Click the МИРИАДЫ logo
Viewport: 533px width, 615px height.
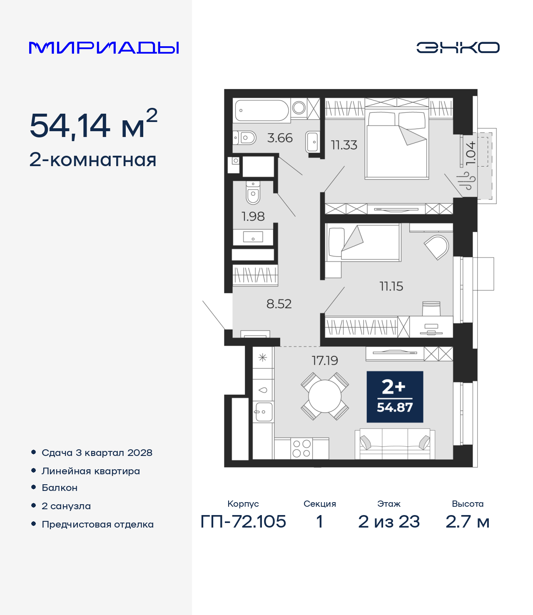[x=104, y=47]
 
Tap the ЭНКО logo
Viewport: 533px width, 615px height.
[x=458, y=47]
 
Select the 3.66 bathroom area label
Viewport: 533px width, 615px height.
[x=280, y=138]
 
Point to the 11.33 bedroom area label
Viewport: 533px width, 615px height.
[x=344, y=145]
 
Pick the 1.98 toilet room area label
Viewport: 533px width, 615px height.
[x=253, y=216]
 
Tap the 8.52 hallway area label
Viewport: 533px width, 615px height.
[x=279, y=304]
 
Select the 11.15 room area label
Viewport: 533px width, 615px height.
[x=391, y=286]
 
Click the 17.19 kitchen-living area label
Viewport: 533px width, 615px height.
[x=325, y=361]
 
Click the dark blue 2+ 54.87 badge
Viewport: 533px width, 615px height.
[x=395, y=397]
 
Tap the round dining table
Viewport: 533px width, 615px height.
[x=325, y=396]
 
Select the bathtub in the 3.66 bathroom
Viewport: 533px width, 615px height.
[x=261, y=110]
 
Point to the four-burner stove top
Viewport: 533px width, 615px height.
[x=301, y=448]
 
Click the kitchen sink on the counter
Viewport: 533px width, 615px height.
[x=263, y=412]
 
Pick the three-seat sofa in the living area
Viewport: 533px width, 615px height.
[x=395, y=444]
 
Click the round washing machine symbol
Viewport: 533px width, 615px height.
[x=299, y=108]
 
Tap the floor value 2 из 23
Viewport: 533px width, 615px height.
[x=389, y=522]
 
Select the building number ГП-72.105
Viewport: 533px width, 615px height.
[x=243, y=522]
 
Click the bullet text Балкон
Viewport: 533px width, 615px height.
[x=60, y=488]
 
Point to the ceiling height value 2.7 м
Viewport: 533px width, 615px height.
[x=468, y=522]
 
